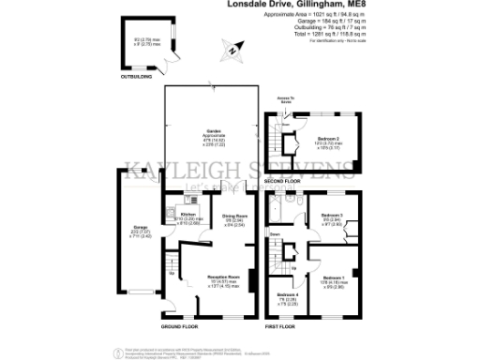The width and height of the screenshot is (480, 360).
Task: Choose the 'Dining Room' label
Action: click(234, 217)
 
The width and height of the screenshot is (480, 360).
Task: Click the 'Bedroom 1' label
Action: click(335, 278)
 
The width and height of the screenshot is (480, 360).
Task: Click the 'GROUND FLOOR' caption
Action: click(178, 326)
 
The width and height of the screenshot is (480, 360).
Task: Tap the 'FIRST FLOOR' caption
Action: click(281, 326)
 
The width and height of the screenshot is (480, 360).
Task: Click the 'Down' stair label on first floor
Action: click(276, 232)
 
